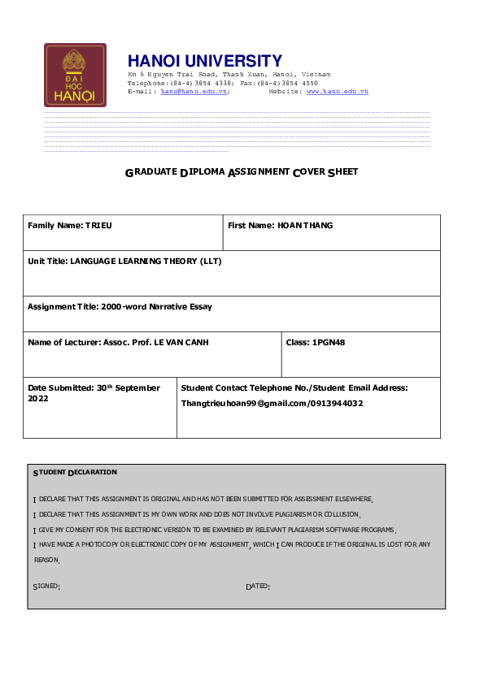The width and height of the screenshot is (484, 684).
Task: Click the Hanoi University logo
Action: coord(75,76)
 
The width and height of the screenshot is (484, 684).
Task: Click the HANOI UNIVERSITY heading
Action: coord(205,61)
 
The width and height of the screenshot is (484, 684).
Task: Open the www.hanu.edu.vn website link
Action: coord(338,92)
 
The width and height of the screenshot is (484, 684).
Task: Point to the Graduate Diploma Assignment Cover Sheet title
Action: coord(242,172)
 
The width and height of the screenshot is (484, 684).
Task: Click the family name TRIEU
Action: coord(98,225)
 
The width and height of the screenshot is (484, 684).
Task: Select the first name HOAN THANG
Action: coord(305,225)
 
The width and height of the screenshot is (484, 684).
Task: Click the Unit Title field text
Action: coord(124,262)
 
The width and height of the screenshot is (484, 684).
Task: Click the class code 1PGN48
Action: coord(329,343)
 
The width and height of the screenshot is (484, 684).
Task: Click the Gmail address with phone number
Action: coord(272,403)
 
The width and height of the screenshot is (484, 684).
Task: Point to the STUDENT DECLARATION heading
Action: coord(75,472)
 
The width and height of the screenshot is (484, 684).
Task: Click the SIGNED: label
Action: coord(46,586)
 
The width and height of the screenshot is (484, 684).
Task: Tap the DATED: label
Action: coord(258,586)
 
